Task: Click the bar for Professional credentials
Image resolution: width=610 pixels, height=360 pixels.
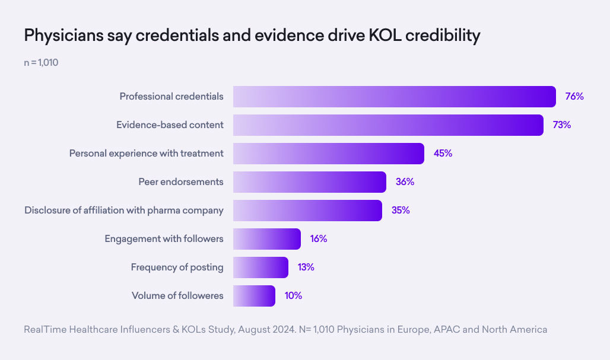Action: [394, 97]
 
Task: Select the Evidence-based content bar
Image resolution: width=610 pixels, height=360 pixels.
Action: [388, 125]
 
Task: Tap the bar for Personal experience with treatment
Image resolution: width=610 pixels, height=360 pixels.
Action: [328, 154]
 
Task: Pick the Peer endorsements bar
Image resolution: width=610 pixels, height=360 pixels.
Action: [309, 182]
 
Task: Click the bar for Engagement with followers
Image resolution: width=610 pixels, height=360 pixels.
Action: [266, 239]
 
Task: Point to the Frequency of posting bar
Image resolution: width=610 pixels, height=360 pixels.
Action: [260, 267]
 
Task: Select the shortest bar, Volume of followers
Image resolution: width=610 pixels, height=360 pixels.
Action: [254, 296]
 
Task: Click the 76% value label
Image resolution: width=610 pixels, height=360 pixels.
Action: [574, 97]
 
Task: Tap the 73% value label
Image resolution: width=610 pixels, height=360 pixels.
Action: [561, 125]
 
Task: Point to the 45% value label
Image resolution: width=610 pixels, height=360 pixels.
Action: [443, 154]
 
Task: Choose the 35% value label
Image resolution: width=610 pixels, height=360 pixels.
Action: [401, 211]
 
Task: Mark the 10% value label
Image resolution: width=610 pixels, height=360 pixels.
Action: [293, 296]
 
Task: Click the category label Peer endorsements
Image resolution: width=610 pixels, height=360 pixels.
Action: [181, 182]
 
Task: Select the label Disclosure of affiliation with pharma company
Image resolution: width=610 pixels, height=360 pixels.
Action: [124, 211]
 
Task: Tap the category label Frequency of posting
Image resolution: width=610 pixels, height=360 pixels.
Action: [177, 267]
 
